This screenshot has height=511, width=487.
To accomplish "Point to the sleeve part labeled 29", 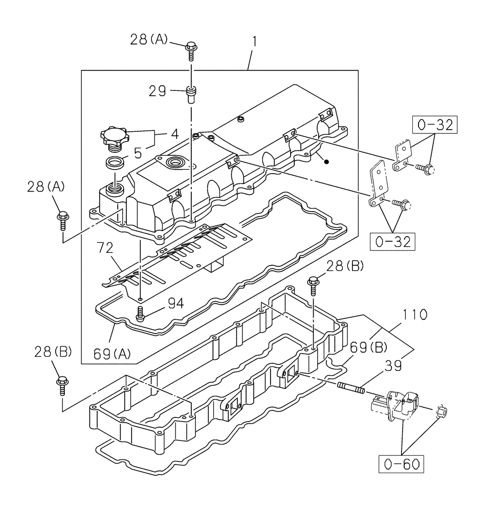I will click(191, 95).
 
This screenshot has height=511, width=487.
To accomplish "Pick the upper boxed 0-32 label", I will click(434, 125).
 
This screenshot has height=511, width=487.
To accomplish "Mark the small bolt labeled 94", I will click(140, 313).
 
